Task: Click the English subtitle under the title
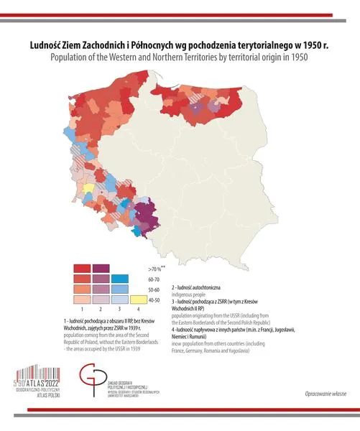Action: pyautogui.click(x=180, y=57)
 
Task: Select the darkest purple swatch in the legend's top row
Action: pyautogui.click(x=101, y=268)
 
